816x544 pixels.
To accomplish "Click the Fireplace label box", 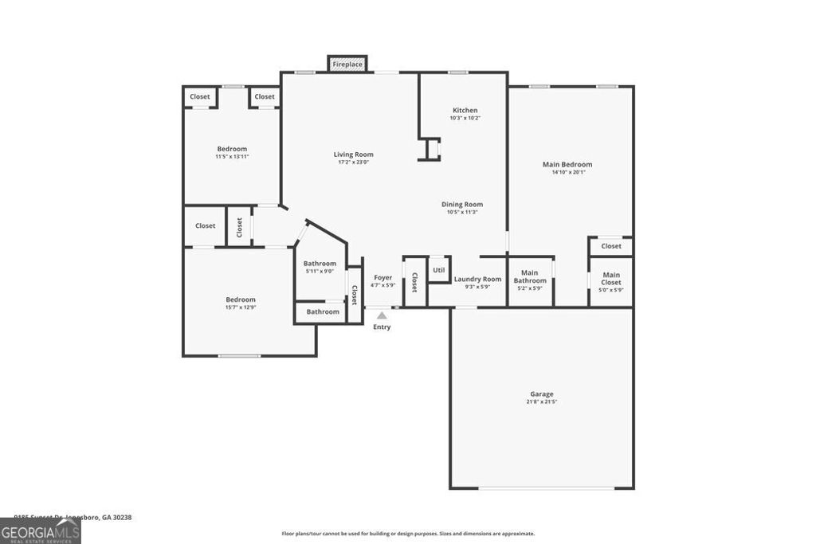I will (x=347, y=64).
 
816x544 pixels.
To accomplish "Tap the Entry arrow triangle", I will (x=382, y=316).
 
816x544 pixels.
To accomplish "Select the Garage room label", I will (x=541, y=394).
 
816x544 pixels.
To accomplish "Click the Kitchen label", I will (x=465, y=110).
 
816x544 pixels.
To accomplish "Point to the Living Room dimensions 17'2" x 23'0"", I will (x=353, y=162).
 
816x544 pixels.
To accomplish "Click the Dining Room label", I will (x=462, y=205).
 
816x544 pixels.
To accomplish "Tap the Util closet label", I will (x=439, y=270).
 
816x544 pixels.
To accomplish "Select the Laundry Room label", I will (x=477, y=279).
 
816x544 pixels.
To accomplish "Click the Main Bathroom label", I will (x=530, y=277).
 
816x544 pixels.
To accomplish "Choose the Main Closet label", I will (x=610, y=279).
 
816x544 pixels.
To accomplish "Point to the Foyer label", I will (x=382, y=277).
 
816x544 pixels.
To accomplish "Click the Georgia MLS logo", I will (x=40, y=530).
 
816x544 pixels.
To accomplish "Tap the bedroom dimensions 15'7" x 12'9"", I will (x=240, y=307).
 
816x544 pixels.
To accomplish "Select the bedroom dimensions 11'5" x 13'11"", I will (x=232, y=157).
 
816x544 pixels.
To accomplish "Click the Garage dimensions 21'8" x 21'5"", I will (x=541, y=402).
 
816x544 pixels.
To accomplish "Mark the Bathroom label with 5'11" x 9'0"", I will (x=320, y=264).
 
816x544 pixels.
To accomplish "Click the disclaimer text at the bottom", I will (x=408, y=534).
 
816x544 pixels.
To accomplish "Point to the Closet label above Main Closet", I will (x=611, y=246).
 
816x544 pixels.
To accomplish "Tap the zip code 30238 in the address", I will (x=121, y=517).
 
